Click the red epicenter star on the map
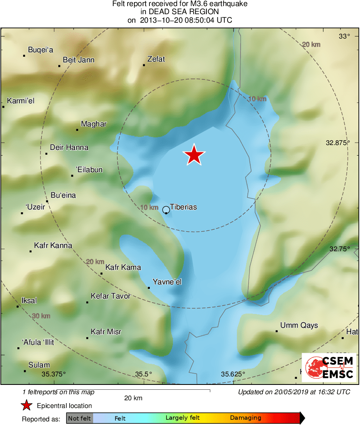194,155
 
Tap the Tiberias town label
183,207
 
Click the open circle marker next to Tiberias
166,210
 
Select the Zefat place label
156,59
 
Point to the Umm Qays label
299,325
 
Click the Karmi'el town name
21,101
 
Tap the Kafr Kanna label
53,246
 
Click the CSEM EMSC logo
329,367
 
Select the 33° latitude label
344,36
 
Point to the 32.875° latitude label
337,143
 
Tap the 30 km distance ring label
41,316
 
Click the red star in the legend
27,406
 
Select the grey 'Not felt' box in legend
80,418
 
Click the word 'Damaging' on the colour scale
245,418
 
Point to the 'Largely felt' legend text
182,418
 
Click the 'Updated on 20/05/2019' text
294,392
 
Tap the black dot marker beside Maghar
77,130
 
